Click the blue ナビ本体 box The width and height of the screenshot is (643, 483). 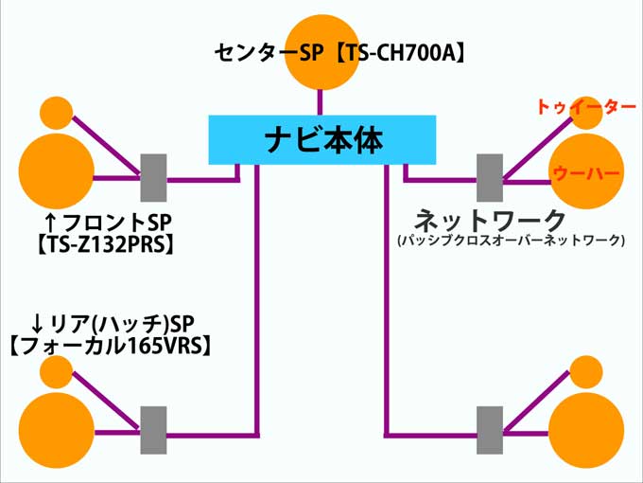pos(321,140)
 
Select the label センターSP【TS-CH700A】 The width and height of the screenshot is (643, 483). pos(340,53)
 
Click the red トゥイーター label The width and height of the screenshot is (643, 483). pos(585,107)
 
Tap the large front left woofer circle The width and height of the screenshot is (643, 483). pos(57,170)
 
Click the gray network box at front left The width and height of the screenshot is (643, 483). pos(153,178)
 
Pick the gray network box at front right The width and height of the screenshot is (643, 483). pos(490,178)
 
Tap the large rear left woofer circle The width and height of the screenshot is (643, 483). pos(57,431)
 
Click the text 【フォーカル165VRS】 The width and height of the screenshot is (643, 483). pos(108,347)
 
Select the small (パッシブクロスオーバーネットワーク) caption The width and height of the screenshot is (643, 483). pos(511,241)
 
